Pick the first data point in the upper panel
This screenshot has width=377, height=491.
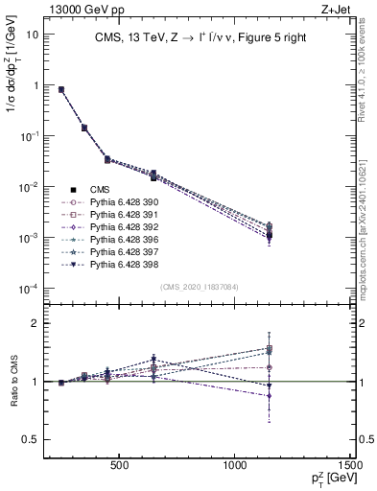(61, 89)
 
